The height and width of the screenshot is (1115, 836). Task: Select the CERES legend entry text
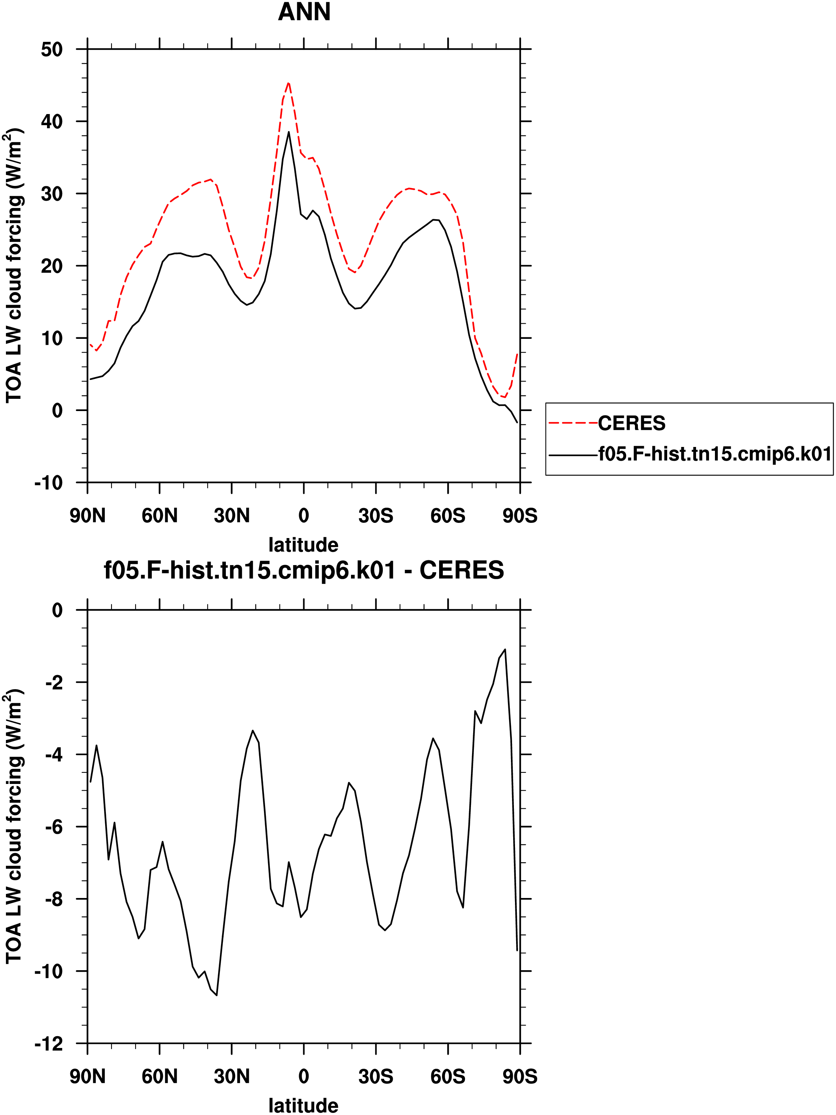click(x=631, y=423)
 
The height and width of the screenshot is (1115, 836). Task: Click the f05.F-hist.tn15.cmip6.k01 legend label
click(x=715, y=454)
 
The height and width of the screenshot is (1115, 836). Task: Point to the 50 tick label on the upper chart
click(x=52, y=49)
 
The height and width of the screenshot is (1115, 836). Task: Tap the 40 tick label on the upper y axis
click(x=52, y=121)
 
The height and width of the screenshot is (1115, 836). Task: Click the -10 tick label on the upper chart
click(x=49, y=483)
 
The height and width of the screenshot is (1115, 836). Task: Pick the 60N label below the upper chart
click(x=160, y=516)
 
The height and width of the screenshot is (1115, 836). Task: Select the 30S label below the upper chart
click(x=376, y=516)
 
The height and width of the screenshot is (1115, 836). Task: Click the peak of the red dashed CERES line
click(x=288, y=83)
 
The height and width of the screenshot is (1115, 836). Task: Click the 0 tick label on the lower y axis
click(x=57, y=610)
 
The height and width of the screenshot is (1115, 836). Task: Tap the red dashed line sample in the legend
click(x=573, y=423)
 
